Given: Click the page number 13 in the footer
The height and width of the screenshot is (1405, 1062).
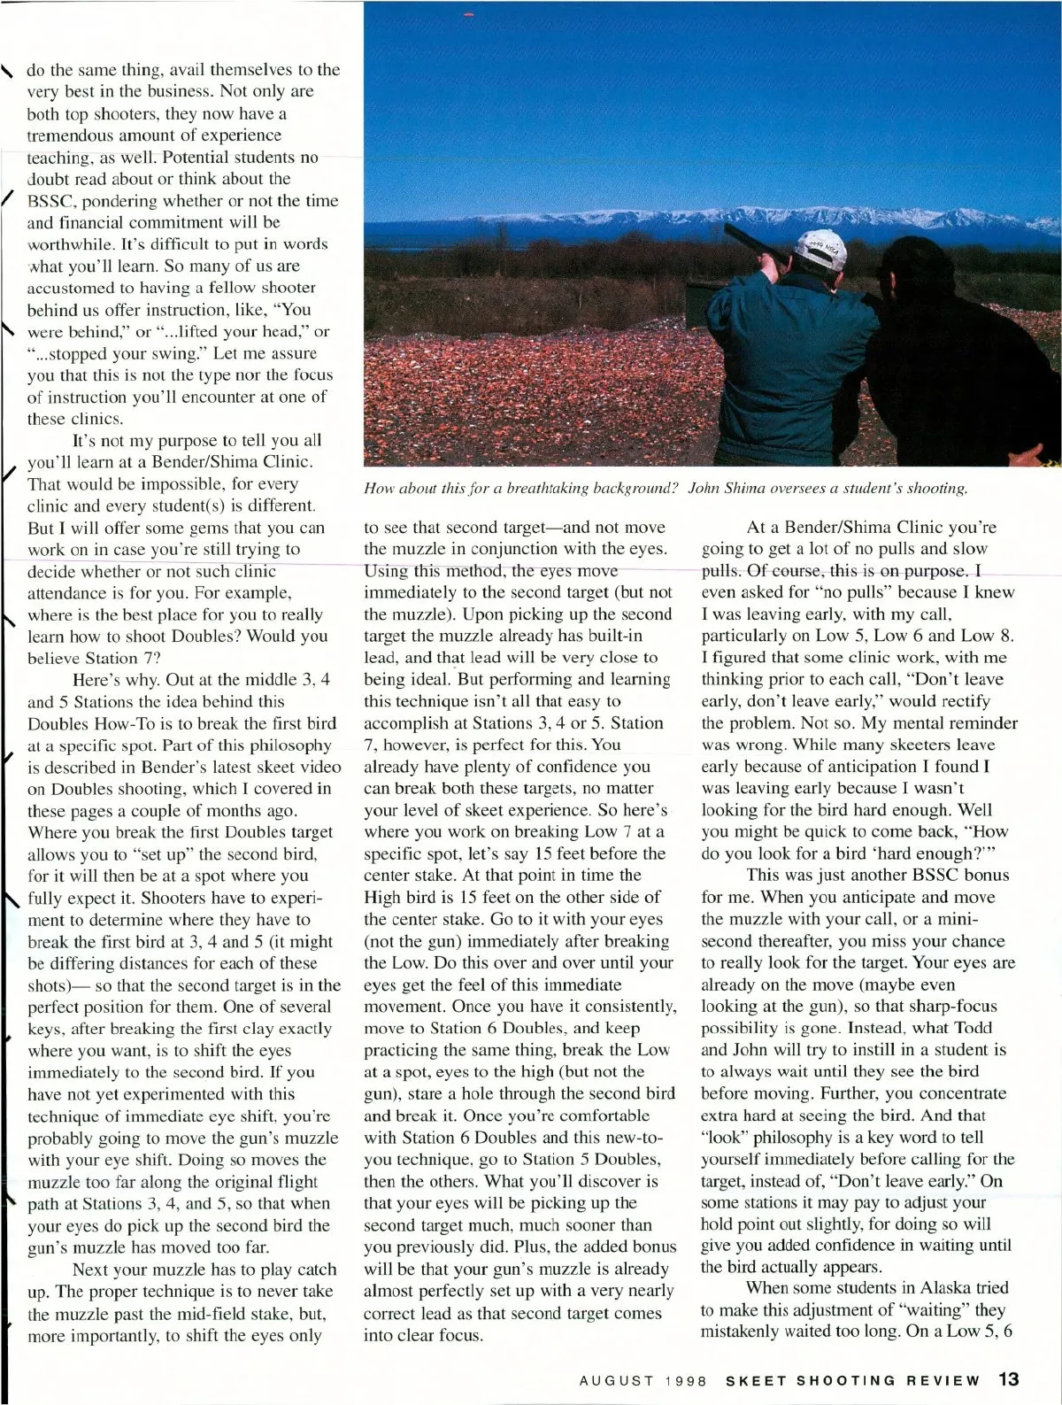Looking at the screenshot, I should coord(1009,1378).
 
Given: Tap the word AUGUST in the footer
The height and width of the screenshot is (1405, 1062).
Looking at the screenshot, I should coord(617,1380).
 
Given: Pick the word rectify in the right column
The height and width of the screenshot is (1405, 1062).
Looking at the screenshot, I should coord(965,701).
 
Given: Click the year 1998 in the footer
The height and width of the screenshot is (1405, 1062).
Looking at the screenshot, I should coord(688,1380).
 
